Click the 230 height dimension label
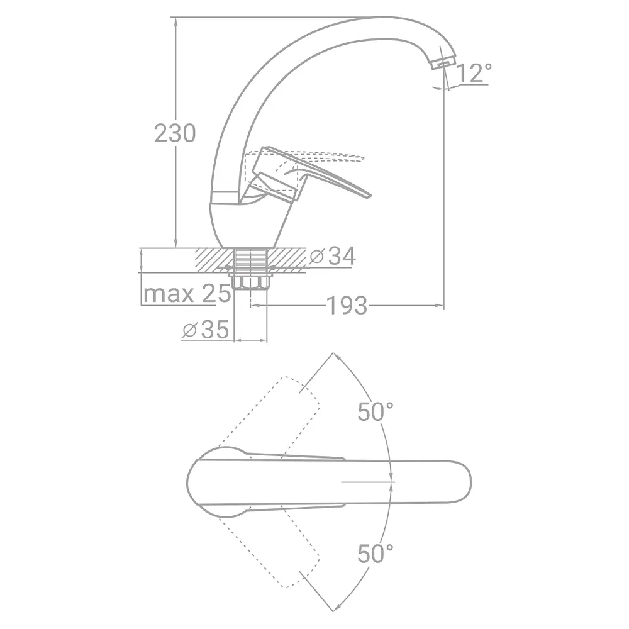click(175, 133)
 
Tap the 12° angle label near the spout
click(474, 72)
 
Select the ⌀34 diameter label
click(333, 256)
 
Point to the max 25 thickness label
click(187, 294)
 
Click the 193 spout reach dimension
click(347, 306)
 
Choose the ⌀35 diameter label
click(206, 330)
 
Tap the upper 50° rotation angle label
click(376, 411)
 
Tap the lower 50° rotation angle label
click(376, 554)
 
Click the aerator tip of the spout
click(443, 62)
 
